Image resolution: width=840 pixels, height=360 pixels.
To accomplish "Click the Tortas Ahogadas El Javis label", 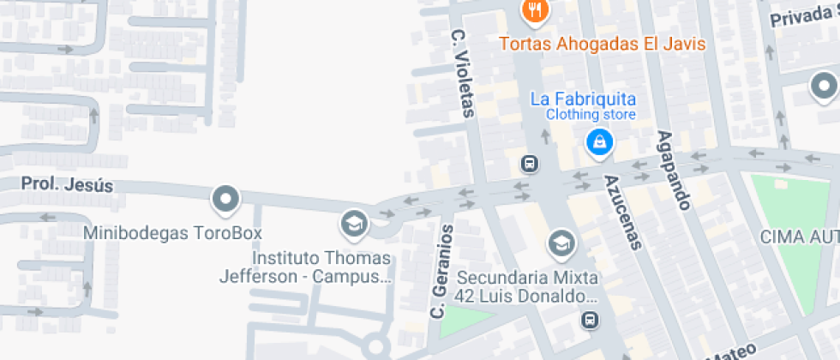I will (x=602, y=44).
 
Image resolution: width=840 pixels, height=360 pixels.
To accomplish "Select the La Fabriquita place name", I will (x=583, y=99).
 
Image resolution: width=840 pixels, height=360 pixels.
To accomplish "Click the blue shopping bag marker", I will (x=598, y=141).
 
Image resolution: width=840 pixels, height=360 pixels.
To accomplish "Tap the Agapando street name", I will (x=674, y=171).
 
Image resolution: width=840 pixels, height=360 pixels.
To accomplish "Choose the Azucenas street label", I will (x=622, y=212).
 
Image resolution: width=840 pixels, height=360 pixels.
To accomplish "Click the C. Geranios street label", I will (x=441, y=269).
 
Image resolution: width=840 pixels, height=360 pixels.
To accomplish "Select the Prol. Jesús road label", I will (x=67, y=185).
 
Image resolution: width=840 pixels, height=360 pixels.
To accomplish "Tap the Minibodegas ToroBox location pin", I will (x=225, y=200).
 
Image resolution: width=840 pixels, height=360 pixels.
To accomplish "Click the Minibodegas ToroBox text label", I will (x=172, y=232).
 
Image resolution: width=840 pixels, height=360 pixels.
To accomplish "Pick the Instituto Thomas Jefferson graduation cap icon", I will (x=352, y=225).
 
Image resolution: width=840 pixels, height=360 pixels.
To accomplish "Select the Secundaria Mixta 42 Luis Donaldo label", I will (x=526, y=287).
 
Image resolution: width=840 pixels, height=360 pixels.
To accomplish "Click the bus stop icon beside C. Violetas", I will (x=530, y=163).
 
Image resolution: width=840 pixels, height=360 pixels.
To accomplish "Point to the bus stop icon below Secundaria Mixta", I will (x=589, y=321).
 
